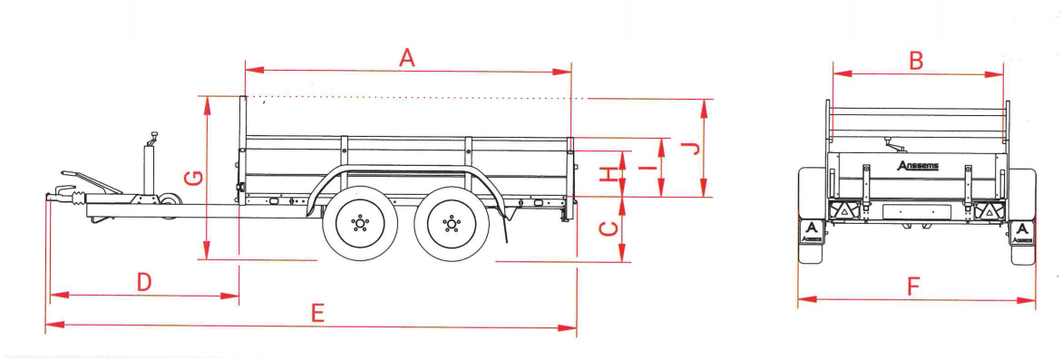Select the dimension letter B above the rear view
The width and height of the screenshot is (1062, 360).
916,61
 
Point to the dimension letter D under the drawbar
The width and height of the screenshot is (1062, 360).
144,282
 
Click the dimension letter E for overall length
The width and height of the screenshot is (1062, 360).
317,313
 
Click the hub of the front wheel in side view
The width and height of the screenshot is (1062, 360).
361,222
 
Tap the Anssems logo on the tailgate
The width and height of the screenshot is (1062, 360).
918,166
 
